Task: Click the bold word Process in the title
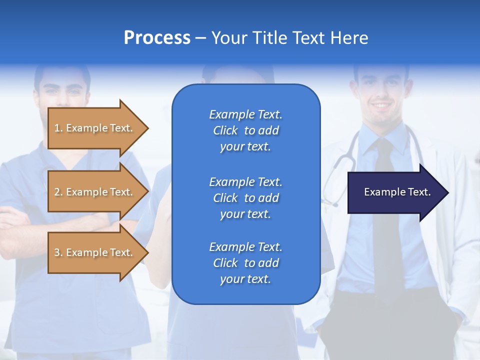coord(157,38)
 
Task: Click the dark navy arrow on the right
coord(395,192)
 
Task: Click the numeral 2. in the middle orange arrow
coord(58,192)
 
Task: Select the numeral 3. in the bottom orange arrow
coord(58,252)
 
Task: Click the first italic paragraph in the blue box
coord(245,130)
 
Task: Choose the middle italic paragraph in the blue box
coord(245,198)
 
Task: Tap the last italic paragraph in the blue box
coord(245,263)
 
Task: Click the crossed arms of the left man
coord(20,220)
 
